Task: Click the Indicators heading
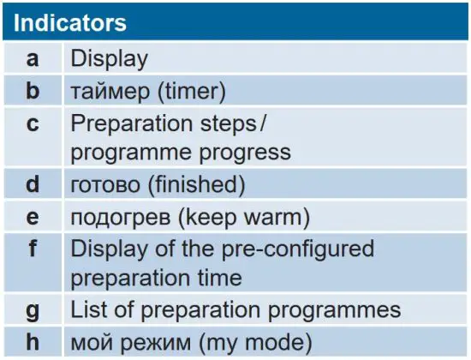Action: click(x=70, y=21)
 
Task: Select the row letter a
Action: click(x=33, y=58)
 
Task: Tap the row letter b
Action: click(x=33, y=90)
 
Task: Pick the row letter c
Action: click(x=33, y=123)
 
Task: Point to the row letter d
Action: click(x=33, y=184)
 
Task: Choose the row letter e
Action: click(x=33, y=216)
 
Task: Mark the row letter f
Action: click(x=33, y=249)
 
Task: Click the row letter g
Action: click(x=33, y=309)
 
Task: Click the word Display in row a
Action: click(x=109, y=58)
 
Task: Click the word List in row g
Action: click(x=87, y=309)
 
